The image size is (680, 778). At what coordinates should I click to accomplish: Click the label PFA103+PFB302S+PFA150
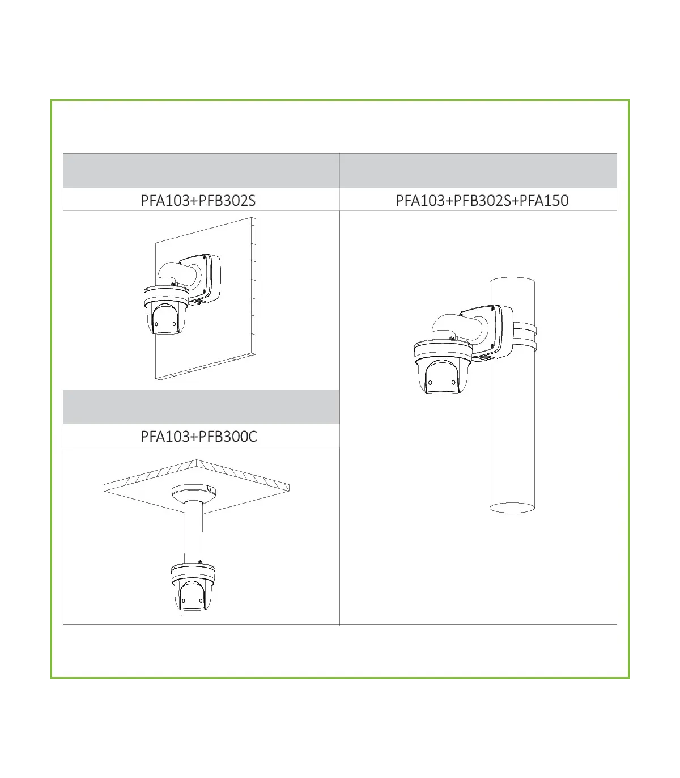tap(482, 200)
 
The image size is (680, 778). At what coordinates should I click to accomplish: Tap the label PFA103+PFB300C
tap(199, 436)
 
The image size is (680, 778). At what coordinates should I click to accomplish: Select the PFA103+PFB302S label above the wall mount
tap(198, 200)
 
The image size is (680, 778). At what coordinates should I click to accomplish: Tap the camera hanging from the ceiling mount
tap(193, 587)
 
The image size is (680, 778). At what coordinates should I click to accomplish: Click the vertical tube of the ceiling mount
tap(193, 532)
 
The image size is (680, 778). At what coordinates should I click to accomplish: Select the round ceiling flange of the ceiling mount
tap(194, 493)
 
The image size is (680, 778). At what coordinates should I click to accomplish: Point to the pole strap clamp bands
tap(525, 336)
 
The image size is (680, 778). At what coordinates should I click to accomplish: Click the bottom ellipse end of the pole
tap(512, 508)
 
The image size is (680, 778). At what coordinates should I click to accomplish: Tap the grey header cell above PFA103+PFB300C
tap(201, 407)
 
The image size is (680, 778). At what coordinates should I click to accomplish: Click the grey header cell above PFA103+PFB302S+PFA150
tap(478, 171)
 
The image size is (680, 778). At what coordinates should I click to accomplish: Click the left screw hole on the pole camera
tap(430, 383)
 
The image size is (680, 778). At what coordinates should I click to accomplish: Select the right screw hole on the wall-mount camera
tap(175, 324)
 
